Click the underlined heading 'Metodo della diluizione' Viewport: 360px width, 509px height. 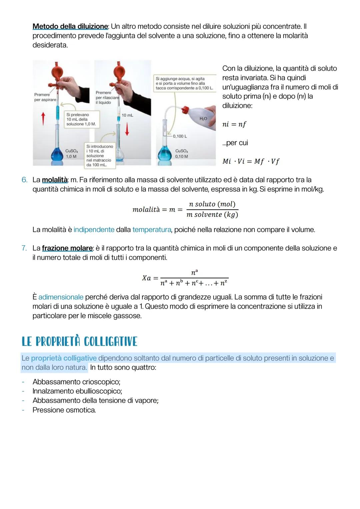tap(70, 26)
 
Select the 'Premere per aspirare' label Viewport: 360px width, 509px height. tap(45, 97)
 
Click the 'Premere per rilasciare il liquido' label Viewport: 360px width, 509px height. tap(107, 97)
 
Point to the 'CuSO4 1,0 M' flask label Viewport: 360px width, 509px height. tap(71, 154)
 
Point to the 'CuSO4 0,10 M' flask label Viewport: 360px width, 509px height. tap(181, 154)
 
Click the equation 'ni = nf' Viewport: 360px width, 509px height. tap(234, 124)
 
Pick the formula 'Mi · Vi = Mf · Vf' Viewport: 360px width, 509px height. tap(251, 161)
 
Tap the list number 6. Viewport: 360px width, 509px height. tap(24, 180)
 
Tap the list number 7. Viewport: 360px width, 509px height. tap(24, 248)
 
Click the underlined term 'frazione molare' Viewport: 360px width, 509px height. tap(67, 248)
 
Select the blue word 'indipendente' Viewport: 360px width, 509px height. tap(94, 230)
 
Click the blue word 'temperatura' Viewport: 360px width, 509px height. tap(152, 230)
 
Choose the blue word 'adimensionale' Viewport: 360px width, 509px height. tap(61, 297)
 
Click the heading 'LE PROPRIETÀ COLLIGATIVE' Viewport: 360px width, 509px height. tap(79, 342)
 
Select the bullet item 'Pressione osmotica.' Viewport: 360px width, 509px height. tap(64, 410)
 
